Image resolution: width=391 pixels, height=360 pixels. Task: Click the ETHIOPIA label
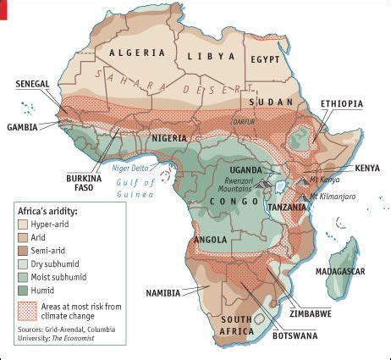click(x=342, y=104)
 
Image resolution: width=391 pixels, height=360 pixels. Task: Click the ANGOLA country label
click(x=210, y=239)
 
